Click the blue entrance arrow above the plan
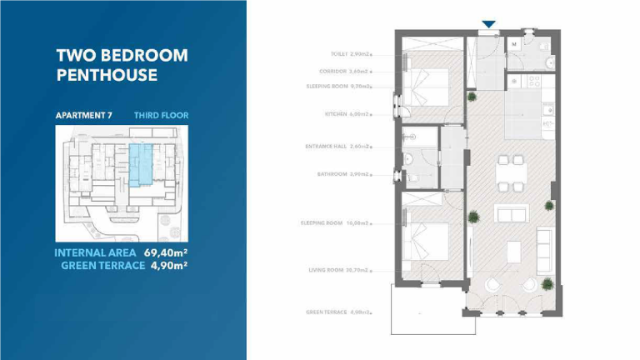pos(489,25)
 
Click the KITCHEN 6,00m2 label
pos(347,114)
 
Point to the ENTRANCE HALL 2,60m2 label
pos(338,146)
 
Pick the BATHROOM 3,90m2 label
pos(344,174)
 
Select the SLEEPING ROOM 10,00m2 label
pos(334,222)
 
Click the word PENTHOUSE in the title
pos(107,75)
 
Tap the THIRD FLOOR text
pos(161,115)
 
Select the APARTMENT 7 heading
pos(83,115)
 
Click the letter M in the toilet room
pos(513,43)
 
